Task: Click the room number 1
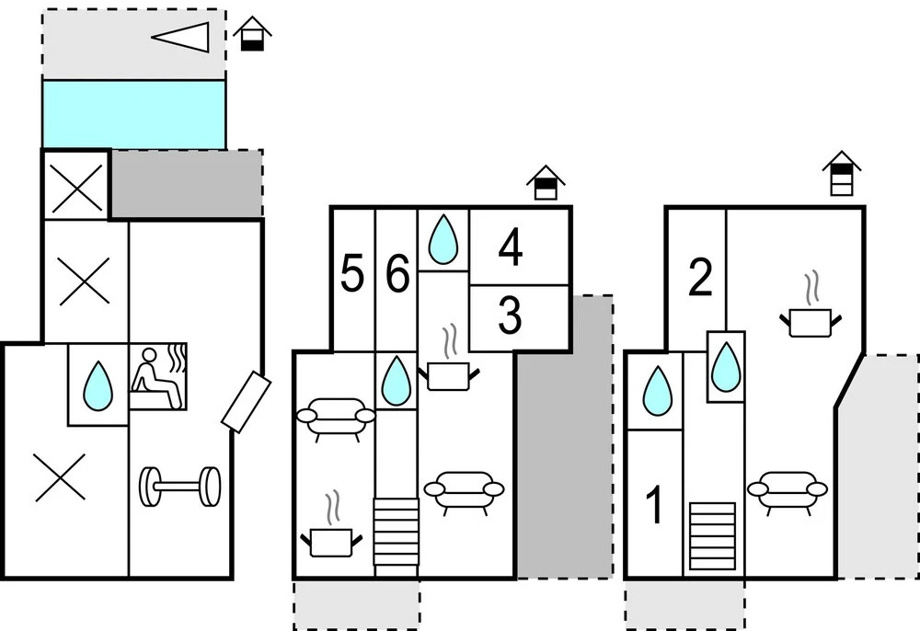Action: pos(655,507)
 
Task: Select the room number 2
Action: pos(700,278)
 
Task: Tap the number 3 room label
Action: pos(510,315)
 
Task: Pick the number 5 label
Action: pos(351,275)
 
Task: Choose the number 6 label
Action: pos(397,275)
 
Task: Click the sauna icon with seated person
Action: pos(157,376)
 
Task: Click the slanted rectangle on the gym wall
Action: pos(246,403)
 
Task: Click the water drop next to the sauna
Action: pos(98,384)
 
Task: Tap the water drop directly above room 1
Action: pos(657,390)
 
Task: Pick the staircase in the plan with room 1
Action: pos(712,535)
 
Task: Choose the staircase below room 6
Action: pos(396,532)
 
